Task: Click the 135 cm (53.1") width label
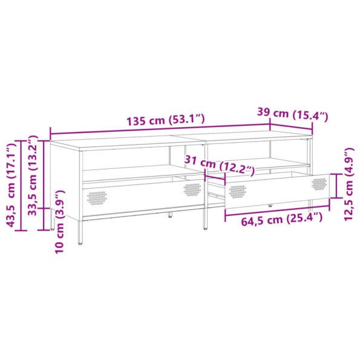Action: tap(166, 119)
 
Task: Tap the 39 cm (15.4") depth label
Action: tap(292, 114)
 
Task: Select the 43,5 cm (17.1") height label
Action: tap(11, 186)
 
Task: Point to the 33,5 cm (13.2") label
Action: tap(33, 175)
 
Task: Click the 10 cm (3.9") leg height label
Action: tap(60, 222)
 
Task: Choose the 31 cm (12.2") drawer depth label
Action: tap(220, 165)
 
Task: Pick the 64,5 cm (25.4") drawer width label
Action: tap(282, 219)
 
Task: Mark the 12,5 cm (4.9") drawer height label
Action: tap(349, 185)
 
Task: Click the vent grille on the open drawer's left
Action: tap(237, 191)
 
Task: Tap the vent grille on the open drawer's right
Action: tap(319, 184)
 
